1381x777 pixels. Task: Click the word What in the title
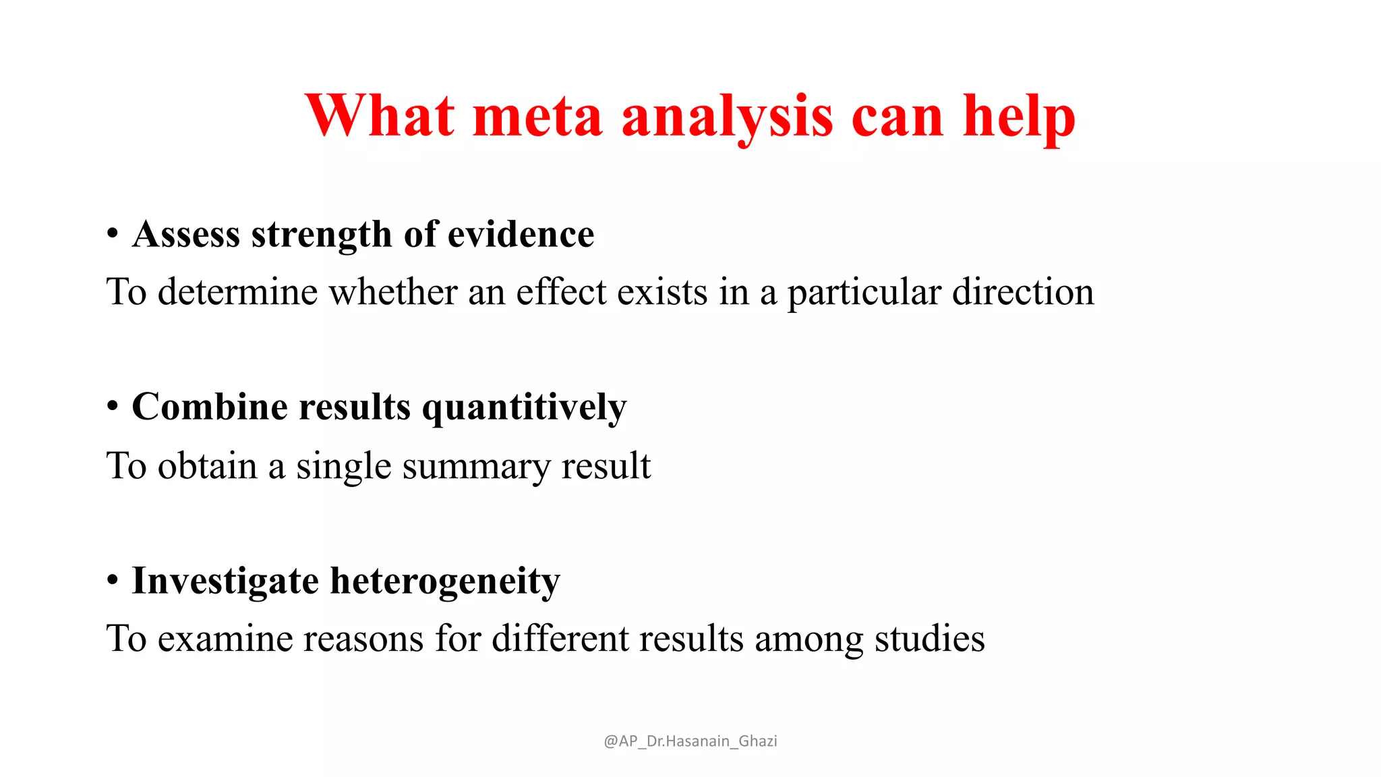click(x=380, y=116)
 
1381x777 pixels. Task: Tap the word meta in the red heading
click(x=537, y=116)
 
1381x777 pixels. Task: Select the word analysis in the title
click(x=727, y=116)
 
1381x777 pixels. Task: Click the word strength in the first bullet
click(x=321, y=235)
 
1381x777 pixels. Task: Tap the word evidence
click(x=521, y=235)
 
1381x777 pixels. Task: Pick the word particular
click(x=864, y=293)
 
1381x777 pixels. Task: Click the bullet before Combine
click(x=113, y=407)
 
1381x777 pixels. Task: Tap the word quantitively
click(x=524, y=408)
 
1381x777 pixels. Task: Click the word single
click(x=343, y=467)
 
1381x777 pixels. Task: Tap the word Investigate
click(x=225, y=581)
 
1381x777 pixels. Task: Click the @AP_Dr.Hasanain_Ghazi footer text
click(x=690, y=741)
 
